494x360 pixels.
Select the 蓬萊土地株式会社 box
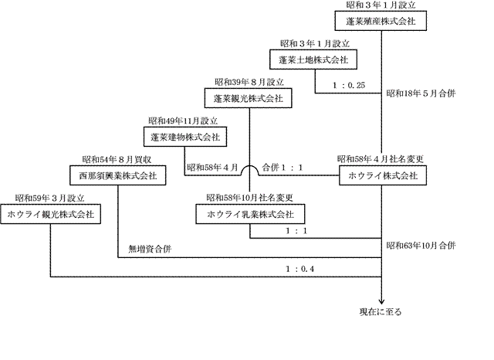point(314,59)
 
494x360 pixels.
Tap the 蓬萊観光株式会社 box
point(249,98)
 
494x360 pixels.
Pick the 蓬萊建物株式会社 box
point(182,138)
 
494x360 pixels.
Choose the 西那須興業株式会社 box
point(118,176)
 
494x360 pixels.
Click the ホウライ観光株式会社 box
point(50,214)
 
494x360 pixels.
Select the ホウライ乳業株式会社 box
point(249,214)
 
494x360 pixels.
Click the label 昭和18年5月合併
point(421,93)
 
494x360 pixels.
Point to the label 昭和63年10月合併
point(421,246)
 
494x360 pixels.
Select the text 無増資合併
point(150,250)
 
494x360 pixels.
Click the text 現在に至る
point(381,312)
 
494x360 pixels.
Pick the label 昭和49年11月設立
point(181,121)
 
